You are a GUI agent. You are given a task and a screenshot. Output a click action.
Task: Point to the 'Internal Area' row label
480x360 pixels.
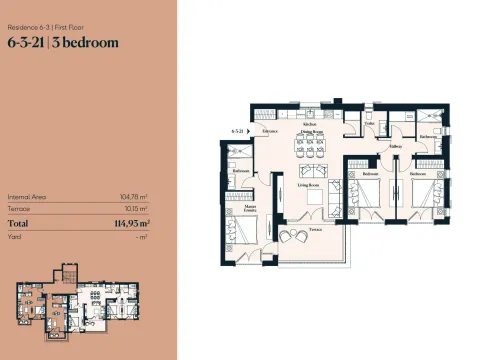point(24,197)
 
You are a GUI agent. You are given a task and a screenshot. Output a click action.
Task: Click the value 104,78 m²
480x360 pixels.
point(135,197)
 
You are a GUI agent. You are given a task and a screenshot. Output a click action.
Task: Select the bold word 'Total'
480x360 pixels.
point(20,223)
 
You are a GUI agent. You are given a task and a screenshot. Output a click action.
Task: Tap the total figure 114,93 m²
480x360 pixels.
point(131,223)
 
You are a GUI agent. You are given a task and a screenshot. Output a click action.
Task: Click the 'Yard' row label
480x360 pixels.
point(14,237)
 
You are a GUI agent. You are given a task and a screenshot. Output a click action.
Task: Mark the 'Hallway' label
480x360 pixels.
point(395,146)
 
